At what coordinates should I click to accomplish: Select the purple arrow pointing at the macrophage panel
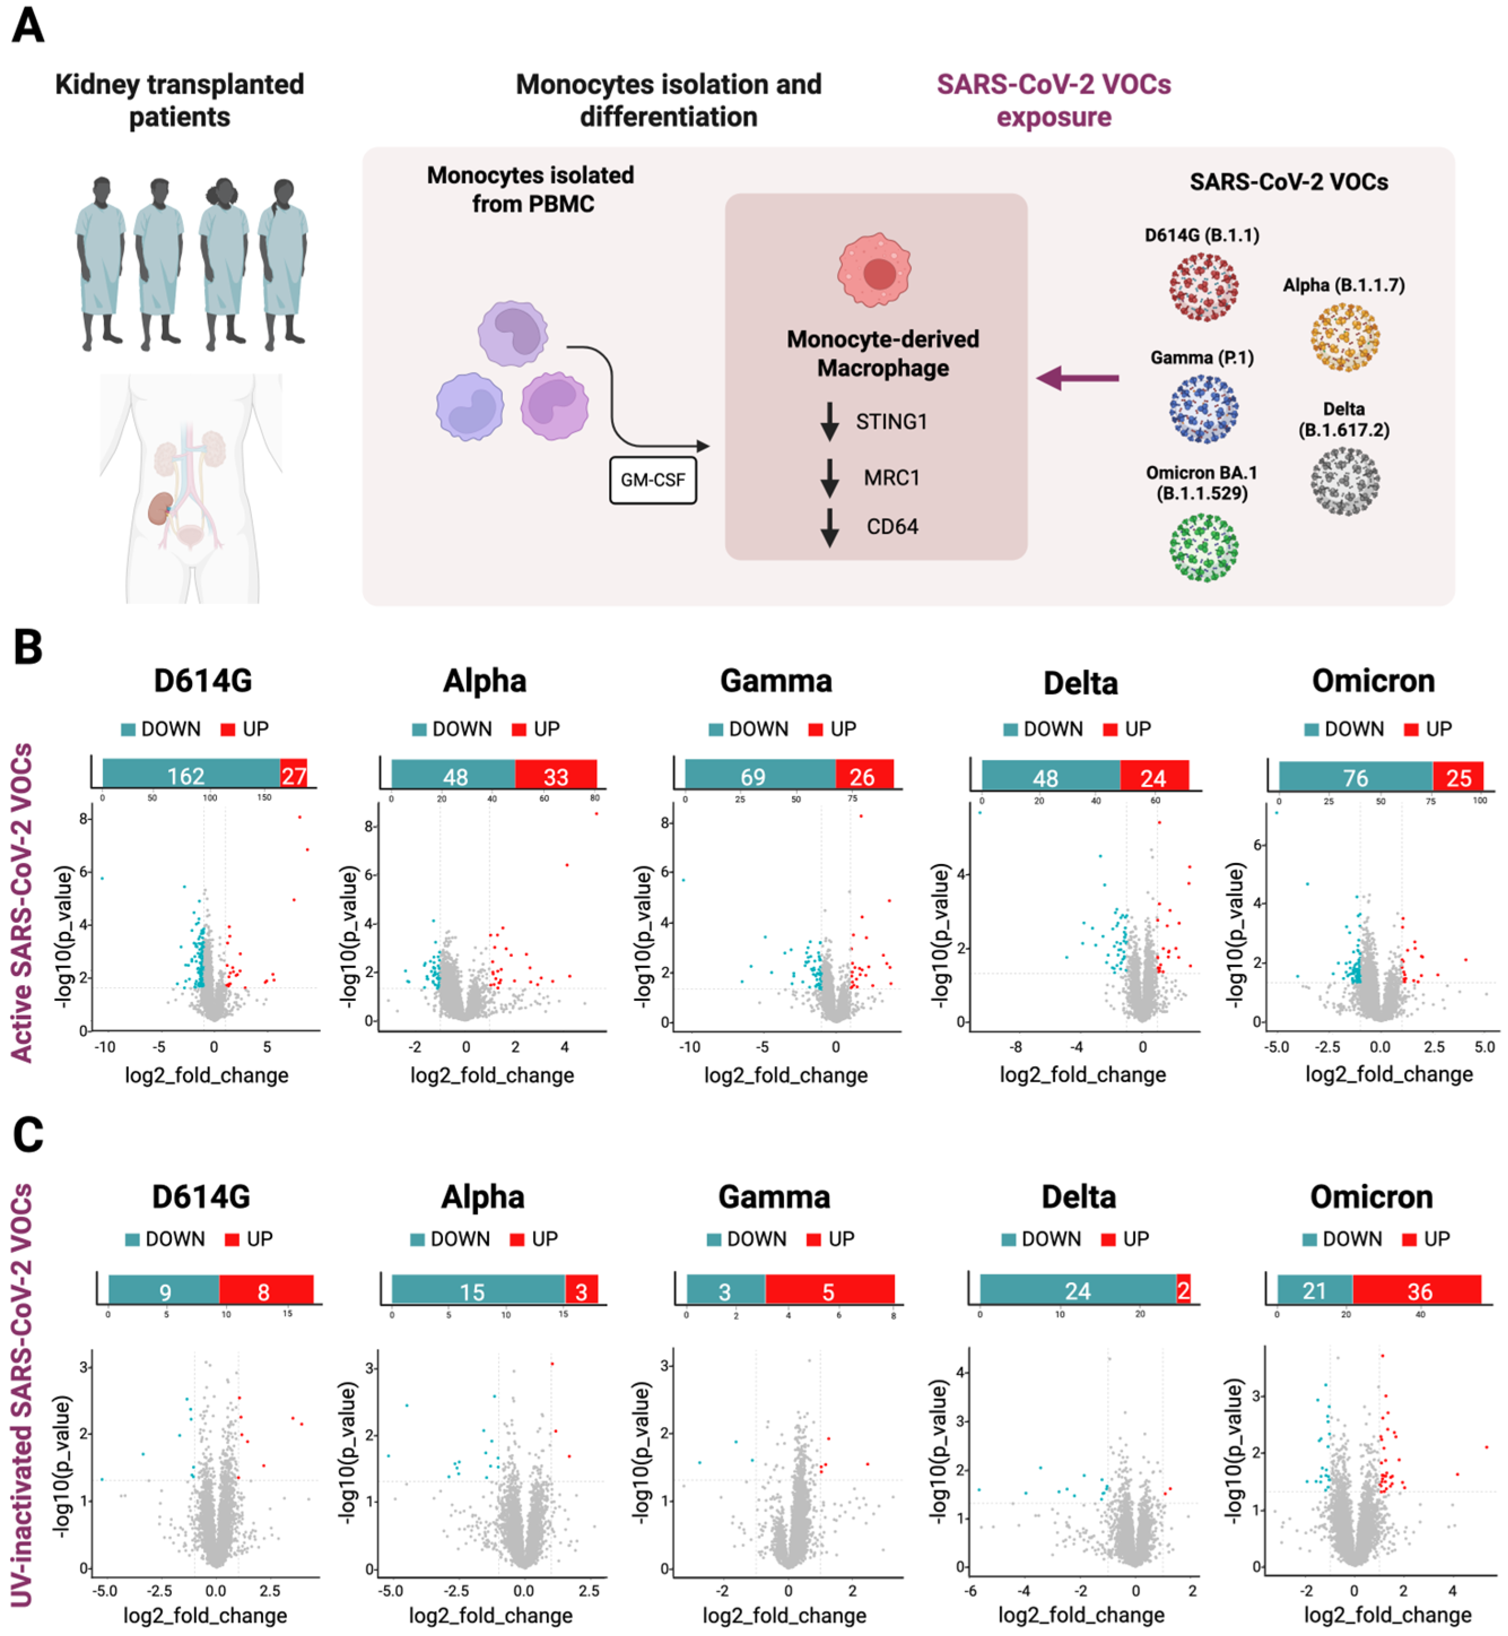tap(1076, 378)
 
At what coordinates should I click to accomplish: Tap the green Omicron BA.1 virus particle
tap(1203, 548)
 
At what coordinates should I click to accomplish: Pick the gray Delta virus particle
tap(1345, 481)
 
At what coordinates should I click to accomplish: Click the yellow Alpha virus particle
tap(1345, 336)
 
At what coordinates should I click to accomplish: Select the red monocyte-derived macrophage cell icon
tap(874, 270)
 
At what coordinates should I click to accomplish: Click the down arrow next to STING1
tap(830, 421)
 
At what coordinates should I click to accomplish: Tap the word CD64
tap(892, 527)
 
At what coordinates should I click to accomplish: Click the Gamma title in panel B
tap(775, 681)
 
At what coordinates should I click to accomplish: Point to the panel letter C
tap(28, 1135)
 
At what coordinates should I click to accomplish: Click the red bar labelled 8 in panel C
tap(266, 1291)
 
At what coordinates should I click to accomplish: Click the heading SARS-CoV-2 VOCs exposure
tap(1053, 101)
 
